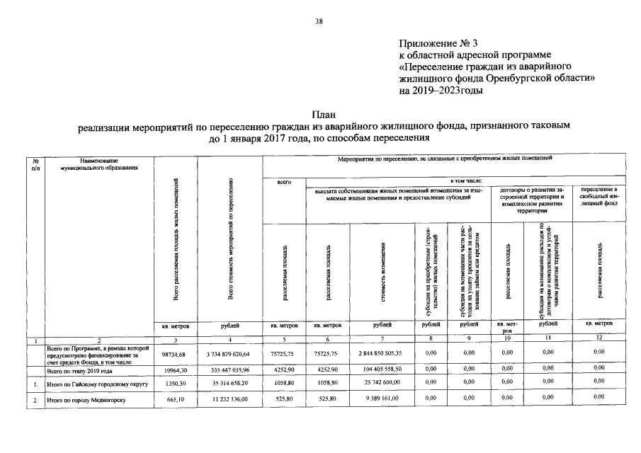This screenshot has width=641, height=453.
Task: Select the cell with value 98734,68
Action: [173, 353]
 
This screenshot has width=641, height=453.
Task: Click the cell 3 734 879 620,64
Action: [229, 353]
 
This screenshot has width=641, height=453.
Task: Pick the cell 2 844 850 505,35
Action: [382, 353]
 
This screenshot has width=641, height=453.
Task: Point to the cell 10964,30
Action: [174, 370]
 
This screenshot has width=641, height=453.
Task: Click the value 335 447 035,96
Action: [229, 370]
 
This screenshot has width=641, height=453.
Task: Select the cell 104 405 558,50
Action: [382, 369]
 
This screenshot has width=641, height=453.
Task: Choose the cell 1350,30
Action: [174, 384]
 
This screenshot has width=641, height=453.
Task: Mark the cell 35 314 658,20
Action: [229, 384]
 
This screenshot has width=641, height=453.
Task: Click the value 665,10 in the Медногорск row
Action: [174, 401]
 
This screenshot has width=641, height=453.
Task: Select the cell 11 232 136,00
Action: [229, 401]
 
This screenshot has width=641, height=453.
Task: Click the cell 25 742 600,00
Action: [382, 384]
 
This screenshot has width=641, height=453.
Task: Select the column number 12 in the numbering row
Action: [599, 339]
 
